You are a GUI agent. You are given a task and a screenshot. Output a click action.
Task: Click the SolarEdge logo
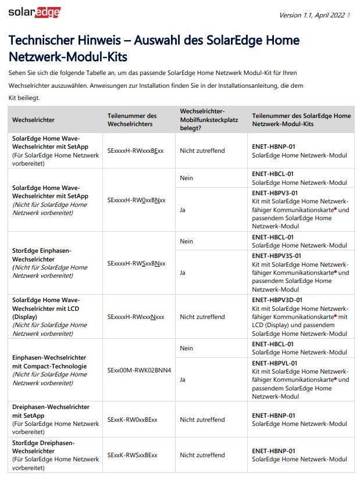(34, 12)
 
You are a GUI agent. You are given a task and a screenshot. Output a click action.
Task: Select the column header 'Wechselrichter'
(34, 120)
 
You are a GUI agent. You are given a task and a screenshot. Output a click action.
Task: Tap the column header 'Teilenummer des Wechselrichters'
(132, 120)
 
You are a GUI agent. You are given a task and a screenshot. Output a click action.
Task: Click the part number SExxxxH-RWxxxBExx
(136, 150)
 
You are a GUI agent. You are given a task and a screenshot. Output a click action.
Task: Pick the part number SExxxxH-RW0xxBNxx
(136, 200)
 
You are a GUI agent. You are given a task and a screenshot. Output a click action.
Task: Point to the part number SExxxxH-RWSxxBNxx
(136, 263)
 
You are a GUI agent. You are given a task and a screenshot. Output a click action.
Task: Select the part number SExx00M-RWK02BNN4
(139, 370)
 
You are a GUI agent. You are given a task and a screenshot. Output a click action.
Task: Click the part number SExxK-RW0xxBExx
(132, 419)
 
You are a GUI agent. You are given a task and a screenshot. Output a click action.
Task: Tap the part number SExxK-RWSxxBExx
(132, 455)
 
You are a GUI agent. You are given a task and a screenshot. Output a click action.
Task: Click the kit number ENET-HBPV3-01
(275, 193)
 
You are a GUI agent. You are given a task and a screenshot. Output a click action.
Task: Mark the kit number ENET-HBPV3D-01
(277, 300)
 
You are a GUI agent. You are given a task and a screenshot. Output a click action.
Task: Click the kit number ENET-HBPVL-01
(275, 363)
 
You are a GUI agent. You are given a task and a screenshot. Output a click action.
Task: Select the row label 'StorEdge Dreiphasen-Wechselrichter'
(44, 447)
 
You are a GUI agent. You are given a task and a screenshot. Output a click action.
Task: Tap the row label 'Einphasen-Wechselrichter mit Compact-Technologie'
(49, 362)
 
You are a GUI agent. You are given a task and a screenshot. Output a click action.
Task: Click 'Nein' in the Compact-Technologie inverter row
(187, 348)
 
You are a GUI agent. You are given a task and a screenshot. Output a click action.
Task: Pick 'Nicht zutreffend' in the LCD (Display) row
(202, 317)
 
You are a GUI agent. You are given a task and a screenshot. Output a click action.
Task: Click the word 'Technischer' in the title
(38, 41)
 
